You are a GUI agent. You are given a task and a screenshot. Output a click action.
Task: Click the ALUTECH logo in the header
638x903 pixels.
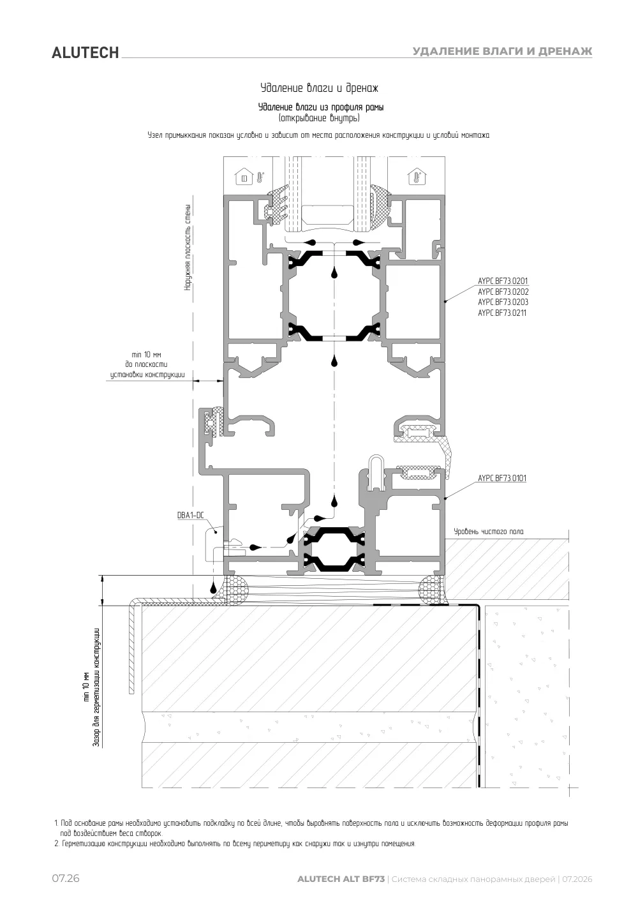tap(85, 53)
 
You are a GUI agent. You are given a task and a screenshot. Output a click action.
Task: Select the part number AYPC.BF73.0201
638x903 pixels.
tap(503, 281)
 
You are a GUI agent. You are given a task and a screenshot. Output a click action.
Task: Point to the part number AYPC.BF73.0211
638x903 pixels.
tap(501, 313)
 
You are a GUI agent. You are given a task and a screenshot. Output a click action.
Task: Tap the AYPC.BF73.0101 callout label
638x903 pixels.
tap(501, 478)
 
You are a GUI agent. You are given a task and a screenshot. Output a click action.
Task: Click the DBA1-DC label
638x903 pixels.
tap(191, 515)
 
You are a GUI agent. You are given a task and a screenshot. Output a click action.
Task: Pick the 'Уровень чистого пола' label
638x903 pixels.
tap(489, 532)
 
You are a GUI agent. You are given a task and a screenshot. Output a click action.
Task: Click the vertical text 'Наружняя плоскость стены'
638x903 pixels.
tap(188, 247)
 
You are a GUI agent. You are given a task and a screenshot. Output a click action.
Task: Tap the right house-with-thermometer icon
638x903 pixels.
tap(417, 177)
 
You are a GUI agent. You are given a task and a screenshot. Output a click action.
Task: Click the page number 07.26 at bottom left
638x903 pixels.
tap(66, 878)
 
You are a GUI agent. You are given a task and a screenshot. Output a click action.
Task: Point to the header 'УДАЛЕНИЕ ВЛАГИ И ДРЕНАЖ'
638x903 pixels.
tap(502, 51)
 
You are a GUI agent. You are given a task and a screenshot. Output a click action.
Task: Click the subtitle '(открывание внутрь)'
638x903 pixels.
tap(319, 118)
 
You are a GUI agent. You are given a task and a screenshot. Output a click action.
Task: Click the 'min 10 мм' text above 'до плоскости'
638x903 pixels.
tap(146, 355)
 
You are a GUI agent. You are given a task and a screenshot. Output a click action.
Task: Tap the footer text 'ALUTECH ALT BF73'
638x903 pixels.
tap(341, 879)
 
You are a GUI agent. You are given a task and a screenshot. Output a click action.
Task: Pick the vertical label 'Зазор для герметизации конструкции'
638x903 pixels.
tap(96, 687)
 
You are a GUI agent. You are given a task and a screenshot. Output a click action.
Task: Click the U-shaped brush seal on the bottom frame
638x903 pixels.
tap(377, 471)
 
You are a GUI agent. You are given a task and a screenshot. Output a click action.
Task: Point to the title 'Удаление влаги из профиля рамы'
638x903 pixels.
tap(321, 107)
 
